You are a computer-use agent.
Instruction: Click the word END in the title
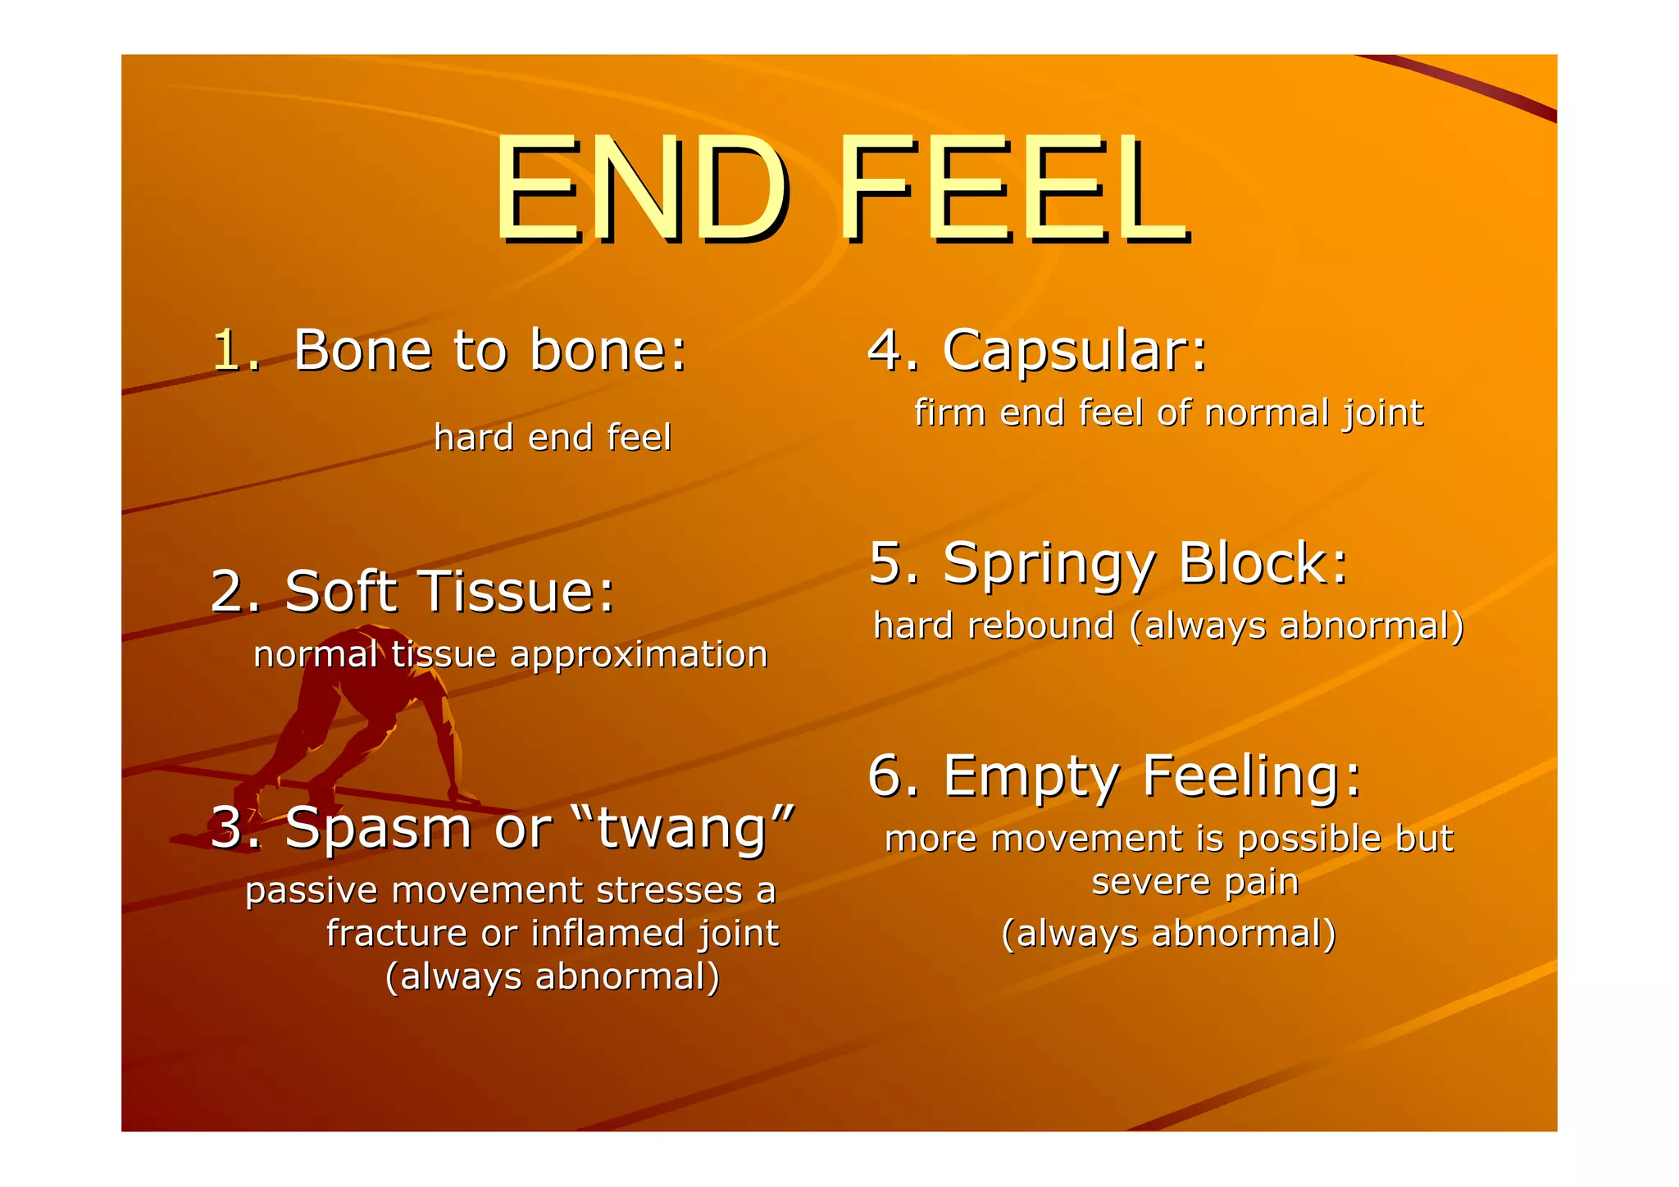pos(642,190)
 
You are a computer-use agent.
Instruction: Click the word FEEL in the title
pos(1012,190)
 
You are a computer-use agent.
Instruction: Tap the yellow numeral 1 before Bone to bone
pos(233,351)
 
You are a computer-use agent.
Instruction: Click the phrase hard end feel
pos(553,438)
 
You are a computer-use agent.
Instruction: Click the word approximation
pos(639,655)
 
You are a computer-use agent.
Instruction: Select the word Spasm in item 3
pos(379,828)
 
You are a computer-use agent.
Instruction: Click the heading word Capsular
pos(1074,351)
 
